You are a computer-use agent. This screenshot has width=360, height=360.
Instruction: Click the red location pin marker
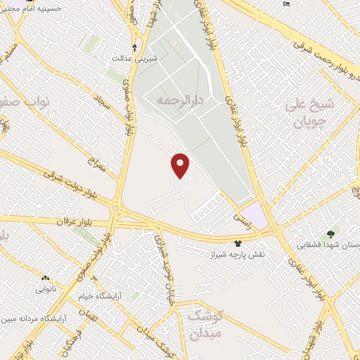point(181,165)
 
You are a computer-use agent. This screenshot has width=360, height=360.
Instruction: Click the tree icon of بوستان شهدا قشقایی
point(330,233)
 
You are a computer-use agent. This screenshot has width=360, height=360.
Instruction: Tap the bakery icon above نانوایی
point(46,278)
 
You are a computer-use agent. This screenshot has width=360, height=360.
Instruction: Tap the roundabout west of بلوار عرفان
point(115,208)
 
